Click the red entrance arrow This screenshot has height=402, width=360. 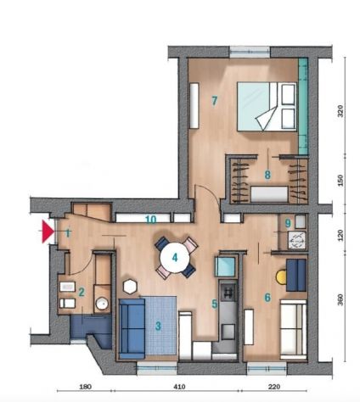48,232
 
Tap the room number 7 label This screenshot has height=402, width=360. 215,100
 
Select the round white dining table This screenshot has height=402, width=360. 175,258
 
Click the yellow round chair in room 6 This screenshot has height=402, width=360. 281,277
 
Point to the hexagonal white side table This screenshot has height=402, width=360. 130,287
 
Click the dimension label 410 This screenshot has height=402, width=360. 179,387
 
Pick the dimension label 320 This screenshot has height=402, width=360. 340,111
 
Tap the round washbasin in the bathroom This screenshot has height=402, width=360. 102,304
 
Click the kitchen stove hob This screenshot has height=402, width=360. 228,290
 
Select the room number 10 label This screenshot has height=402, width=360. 150,220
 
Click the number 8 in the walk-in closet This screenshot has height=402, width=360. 267,175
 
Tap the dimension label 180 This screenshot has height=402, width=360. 85,387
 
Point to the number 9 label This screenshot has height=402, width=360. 288,224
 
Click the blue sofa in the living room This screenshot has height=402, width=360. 132,328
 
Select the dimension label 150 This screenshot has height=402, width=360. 340,181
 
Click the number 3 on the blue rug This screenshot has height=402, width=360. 158,326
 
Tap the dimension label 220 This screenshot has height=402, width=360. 273,387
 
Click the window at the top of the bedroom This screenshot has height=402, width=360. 250,52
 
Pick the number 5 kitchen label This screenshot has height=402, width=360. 215,304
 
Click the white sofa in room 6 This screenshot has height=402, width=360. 294,330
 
